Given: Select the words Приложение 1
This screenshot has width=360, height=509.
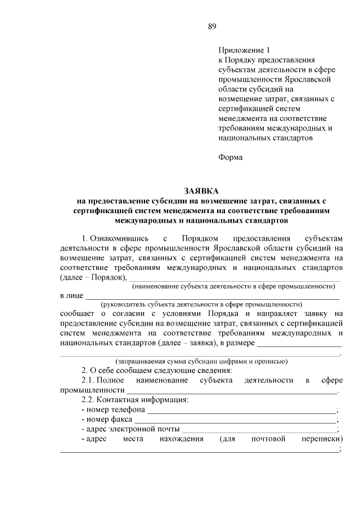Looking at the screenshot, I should (240, 50).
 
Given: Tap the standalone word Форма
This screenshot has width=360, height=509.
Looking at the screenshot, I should (230, 157).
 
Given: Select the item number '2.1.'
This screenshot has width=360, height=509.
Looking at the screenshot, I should (91, 381).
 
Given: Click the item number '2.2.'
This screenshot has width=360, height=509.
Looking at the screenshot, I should (91, 400).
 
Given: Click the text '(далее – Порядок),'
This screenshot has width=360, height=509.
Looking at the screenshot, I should (93, 277).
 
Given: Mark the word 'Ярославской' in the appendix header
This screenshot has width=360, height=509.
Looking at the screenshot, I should (299, 79).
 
